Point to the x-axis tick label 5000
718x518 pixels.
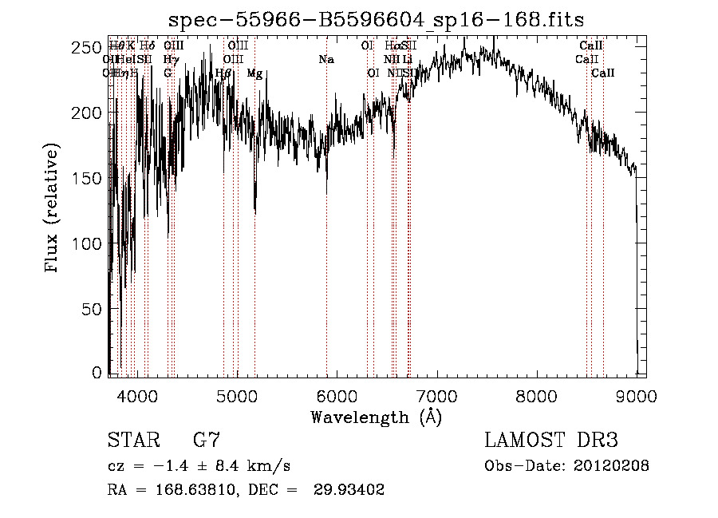click(x=236, y=394)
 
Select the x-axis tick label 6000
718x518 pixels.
click(x=336, y=394)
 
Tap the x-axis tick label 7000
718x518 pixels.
click(x=436, y=394)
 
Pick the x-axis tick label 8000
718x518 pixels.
click(x=536, y=394)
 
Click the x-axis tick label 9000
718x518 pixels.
click(x=636, y=394)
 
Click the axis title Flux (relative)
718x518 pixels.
click(x=53, y=209)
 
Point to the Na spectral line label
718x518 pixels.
click(x=325, y=60)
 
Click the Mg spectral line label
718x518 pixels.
click(x=254, y=73)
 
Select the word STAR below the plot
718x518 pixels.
click(x=134, y=440)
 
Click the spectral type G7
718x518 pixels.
click(x=207, y=440)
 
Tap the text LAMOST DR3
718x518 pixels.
click(x=551, y=440)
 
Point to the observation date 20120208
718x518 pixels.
click(x=610, y=466)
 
